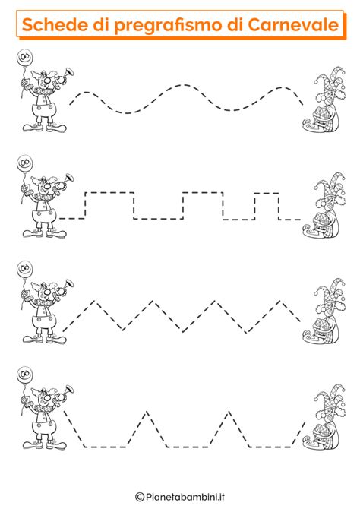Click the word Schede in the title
[55, 24]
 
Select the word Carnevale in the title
[293, 24]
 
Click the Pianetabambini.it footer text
[185, 497]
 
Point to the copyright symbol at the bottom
[140, 497]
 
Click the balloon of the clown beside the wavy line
[24, 58]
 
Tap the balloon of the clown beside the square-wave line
[24, 163]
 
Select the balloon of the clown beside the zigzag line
[24, 269]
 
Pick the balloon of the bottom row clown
[24, 375]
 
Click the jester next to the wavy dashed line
[324, 100]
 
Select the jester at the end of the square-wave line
[324, 205]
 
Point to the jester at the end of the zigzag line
[324, 311]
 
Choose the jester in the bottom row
[324, 417]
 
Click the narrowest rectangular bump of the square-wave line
[267, 194]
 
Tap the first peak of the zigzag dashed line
[95, 302]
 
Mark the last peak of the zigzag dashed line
[280, 302]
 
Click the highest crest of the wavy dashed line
[182, 85]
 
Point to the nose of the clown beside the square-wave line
[47, 186]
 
